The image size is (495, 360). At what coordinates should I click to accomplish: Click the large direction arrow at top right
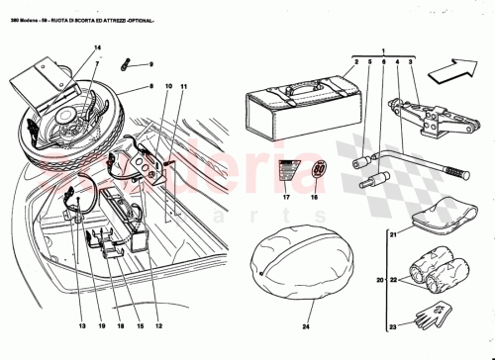458,70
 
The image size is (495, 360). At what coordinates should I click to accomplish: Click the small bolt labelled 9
127,66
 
